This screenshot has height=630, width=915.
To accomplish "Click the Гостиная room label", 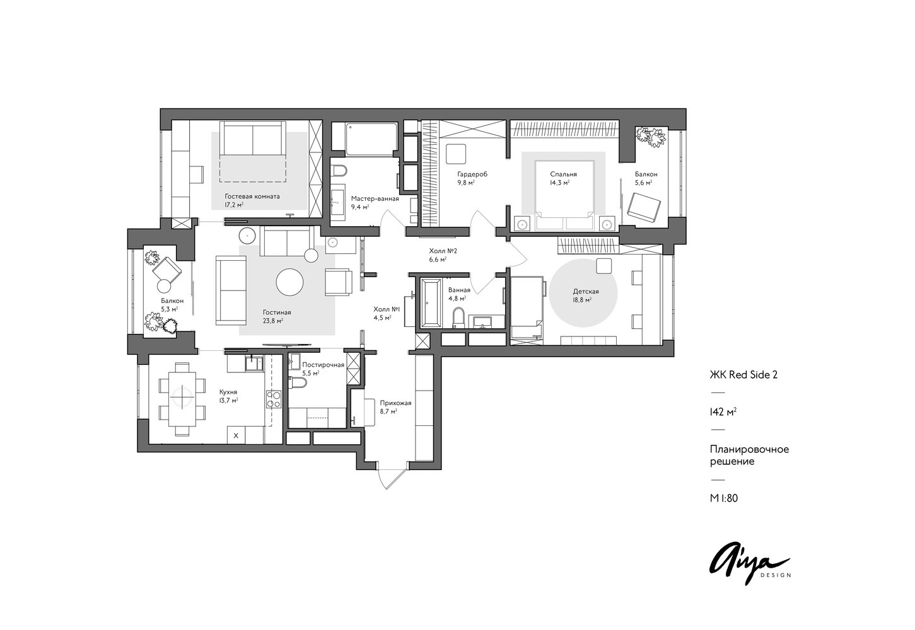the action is point(277,312).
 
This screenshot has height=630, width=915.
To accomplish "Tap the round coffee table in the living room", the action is point(289,282).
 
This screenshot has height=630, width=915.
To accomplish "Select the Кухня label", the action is point(228,392).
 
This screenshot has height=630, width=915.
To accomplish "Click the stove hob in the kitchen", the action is point(274,399).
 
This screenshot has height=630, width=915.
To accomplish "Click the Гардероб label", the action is point(472,175).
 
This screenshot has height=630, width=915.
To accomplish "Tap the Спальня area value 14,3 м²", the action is point(559,183).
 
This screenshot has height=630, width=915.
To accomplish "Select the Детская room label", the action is point(586,291).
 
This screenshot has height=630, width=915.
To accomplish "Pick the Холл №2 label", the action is point(443,251).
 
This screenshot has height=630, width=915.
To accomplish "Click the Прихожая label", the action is point(395,403).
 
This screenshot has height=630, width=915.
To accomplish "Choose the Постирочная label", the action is point(323,365).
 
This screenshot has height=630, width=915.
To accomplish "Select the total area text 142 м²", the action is point(723,412).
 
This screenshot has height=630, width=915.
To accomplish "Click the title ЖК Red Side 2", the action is point(743,375).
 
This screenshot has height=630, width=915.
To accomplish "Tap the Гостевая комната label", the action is point(252,197).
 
